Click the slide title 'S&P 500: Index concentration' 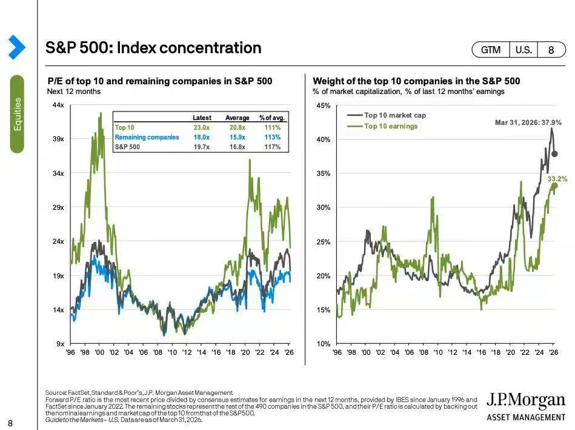pos(154,48)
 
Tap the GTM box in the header pos(491,50)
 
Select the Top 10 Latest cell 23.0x pos(202,127)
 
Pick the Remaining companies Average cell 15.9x pos(238,137)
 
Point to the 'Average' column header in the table pos(238,118)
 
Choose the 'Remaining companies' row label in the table pos(147,137)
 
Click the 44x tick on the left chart pos(59,106)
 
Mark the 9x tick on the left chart pos(61,344)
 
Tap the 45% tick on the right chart pos(323,106)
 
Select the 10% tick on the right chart pos(323,344)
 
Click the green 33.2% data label pos(557,179)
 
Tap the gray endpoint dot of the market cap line pos(554,154)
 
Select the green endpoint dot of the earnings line pos(554,186)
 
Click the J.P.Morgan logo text pos(526,401)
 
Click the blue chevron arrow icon pos(16,47)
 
